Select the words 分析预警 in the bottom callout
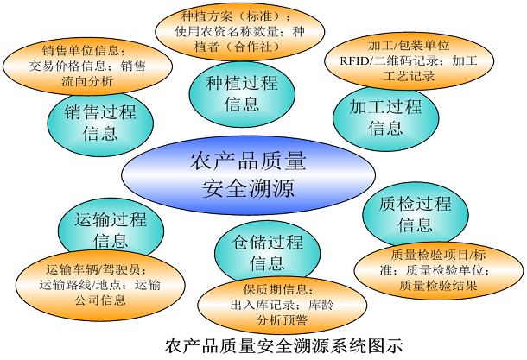point(276,319)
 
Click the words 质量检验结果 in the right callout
point(438,284)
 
